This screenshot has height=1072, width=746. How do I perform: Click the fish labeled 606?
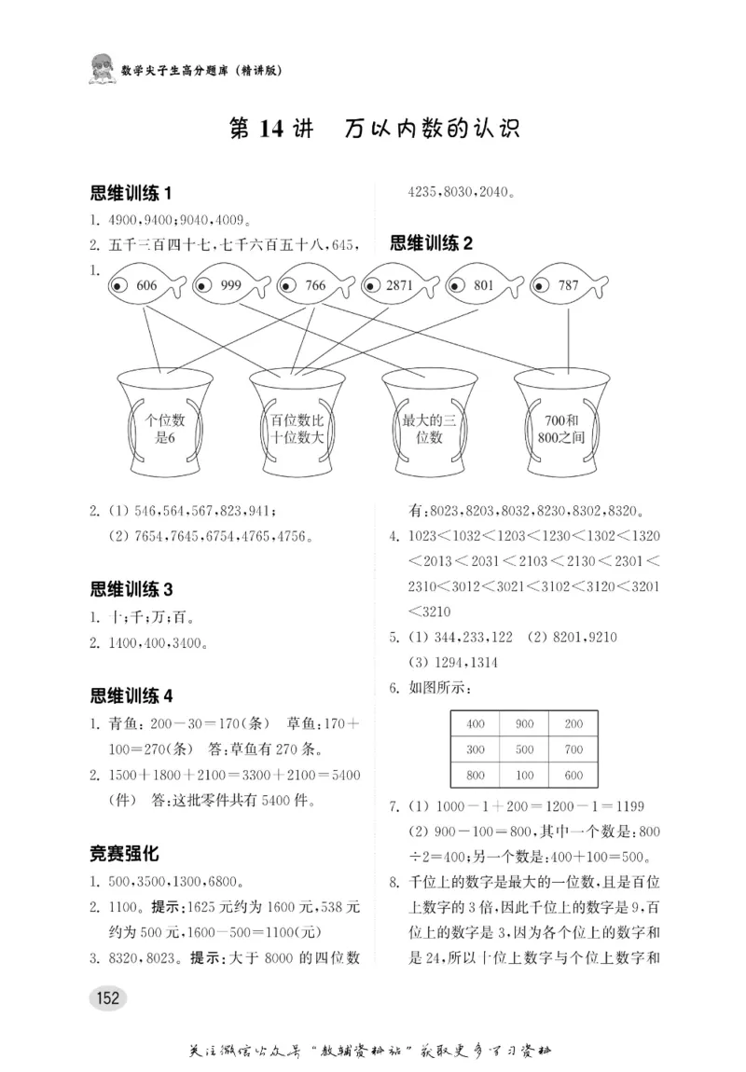(x=145, y=286)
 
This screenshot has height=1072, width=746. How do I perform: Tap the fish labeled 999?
(x=228, y=286)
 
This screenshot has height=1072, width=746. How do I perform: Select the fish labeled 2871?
(x=399, y=286)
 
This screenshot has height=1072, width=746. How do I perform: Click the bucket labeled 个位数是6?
(x=165, y=424)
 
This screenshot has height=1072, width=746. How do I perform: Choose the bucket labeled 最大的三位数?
(x=429, y=424)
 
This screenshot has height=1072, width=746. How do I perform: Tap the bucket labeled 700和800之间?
(x=561, y=424)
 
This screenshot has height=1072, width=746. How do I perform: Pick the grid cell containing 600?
(x=573, y=775)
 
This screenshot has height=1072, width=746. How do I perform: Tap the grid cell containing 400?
(x=476, y=723)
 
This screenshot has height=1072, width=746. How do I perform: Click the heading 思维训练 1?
(x=132, y=194)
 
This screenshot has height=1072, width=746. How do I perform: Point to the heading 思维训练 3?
(x=132, y=589)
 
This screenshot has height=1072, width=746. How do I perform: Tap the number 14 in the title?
(x=271, y=130)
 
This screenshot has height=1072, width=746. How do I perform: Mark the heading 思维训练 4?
(x=132, y=695)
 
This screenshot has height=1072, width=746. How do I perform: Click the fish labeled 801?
(x=483, y=286)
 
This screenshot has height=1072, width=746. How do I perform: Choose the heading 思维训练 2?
(x=432, y=244)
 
